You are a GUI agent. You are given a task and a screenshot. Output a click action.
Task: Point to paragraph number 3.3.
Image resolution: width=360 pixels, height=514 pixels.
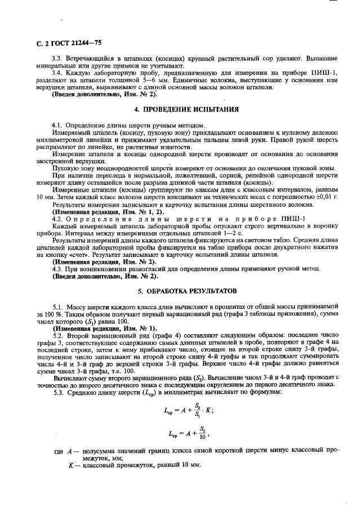pyautogui.click(x=56, y=58)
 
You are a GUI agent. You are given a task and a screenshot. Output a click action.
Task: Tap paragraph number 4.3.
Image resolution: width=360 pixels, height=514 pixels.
pyautogui.click(x=56, y=269)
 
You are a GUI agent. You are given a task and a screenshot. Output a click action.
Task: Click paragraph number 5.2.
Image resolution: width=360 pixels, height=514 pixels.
pyautogui.click(x=56, y=335)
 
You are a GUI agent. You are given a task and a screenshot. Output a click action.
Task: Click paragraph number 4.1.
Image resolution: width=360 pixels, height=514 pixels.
pyautogui.click(x=56, y=124)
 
